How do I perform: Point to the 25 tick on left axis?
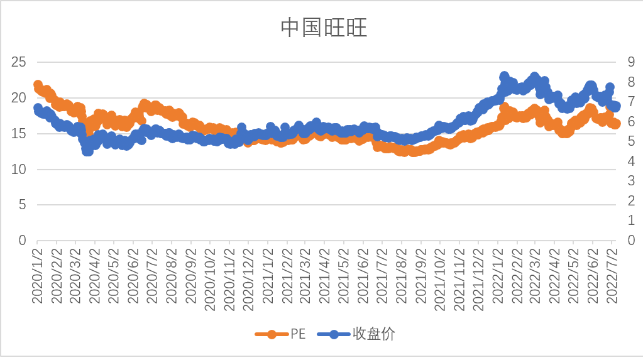point(19,62)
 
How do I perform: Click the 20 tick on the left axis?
point(19,98)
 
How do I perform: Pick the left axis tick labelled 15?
point(19,134)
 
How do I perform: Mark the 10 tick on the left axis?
point(19,170)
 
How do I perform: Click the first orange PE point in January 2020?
point(38,85)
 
